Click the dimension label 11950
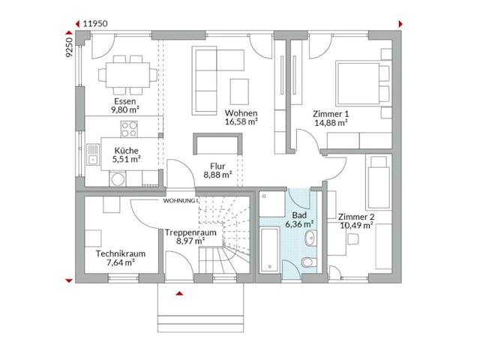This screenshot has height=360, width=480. pyautogui.click(x=97, y=22)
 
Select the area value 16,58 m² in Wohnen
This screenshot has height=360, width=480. pyautogui.click(x=241, y=121)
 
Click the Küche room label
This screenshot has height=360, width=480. pyautogui.click(x=125, y=149)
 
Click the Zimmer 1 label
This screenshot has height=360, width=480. pyautogui.click(x=330, y=113)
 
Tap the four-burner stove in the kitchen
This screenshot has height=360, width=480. pyautogui.click(x=129, y=129)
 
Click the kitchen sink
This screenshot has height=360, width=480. pyautogui.click(x=93, y=154)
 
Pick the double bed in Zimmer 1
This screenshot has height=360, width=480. pyautogui.click(x=361, y=80)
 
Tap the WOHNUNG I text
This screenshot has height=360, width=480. pyautogui.click(x=179, y=202)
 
